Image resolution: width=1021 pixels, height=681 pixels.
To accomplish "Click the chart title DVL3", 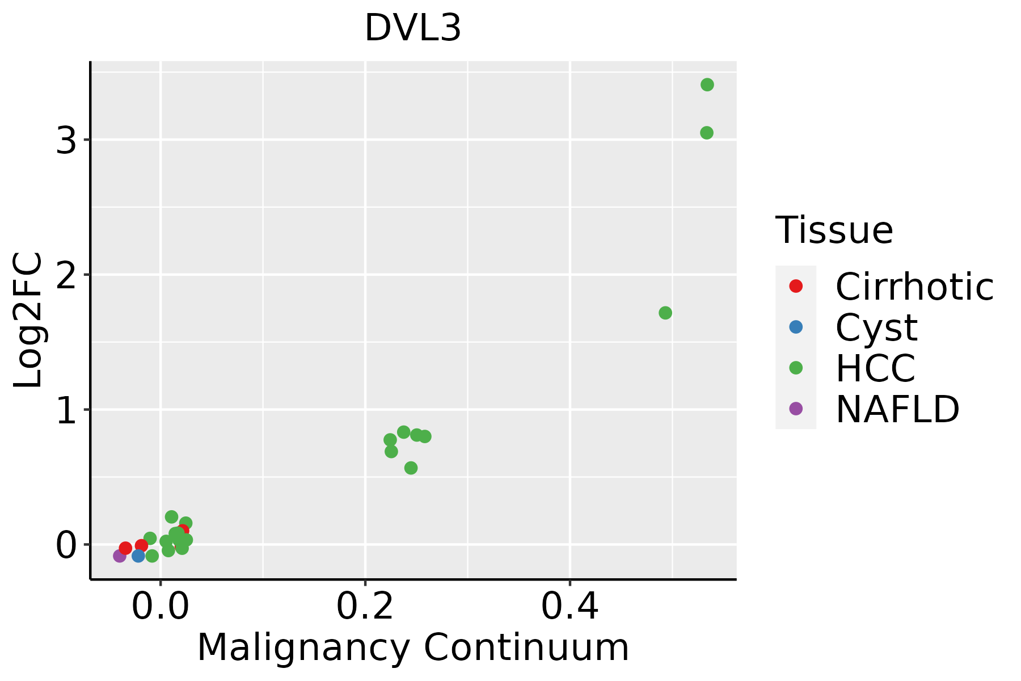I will pyautogui.click(x=412, y=28).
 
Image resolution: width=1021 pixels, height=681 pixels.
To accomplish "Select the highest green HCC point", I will pyautogui.click(x=707, y=85).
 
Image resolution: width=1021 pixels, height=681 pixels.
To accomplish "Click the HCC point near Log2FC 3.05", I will pyautogui.click(x=706, y=133).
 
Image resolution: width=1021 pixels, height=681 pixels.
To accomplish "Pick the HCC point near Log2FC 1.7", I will pyautogui.click(x=665, y=313).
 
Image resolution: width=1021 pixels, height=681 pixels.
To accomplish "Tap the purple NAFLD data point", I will pyautogui.click(x=120, y=556).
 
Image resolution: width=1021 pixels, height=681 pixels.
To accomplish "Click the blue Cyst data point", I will pyautogui.click(x=138, y=556).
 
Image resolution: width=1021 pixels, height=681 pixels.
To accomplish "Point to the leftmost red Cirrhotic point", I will pyautogui.click(x=125, y=548).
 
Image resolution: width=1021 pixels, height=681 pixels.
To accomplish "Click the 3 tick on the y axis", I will pyautogui.click(x=66, y=140).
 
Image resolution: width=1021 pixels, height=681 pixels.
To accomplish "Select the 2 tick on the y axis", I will pyautogui.click(x=66, y=275).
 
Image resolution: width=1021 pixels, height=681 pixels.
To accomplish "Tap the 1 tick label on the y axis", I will pyautogui.click(x=66, y=410).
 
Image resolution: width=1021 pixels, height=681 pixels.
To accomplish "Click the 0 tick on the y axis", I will pyautogui.click(x=66, y=545).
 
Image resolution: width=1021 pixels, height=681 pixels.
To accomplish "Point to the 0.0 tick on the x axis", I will pyautogui.click(x=161, y=607).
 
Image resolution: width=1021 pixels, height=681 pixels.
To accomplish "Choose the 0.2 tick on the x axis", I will pyautogui.click(x=365, y=607).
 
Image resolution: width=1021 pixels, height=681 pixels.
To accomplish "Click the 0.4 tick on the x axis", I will pyautogui.click(x=569, y=607).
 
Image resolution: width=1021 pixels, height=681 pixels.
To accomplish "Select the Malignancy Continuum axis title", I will pyautogui.click(x=412, y=648).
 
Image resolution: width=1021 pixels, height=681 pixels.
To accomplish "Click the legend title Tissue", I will pyautogui.click(x=834, y=230).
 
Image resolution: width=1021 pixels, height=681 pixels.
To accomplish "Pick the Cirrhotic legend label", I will pyautogui.click(x=914, y=287).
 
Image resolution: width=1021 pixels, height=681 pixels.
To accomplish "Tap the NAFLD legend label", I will pyautogui.click(x=897, y=409).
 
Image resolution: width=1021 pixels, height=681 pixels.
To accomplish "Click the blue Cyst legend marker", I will pyautogui.click(x=796, y=327).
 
